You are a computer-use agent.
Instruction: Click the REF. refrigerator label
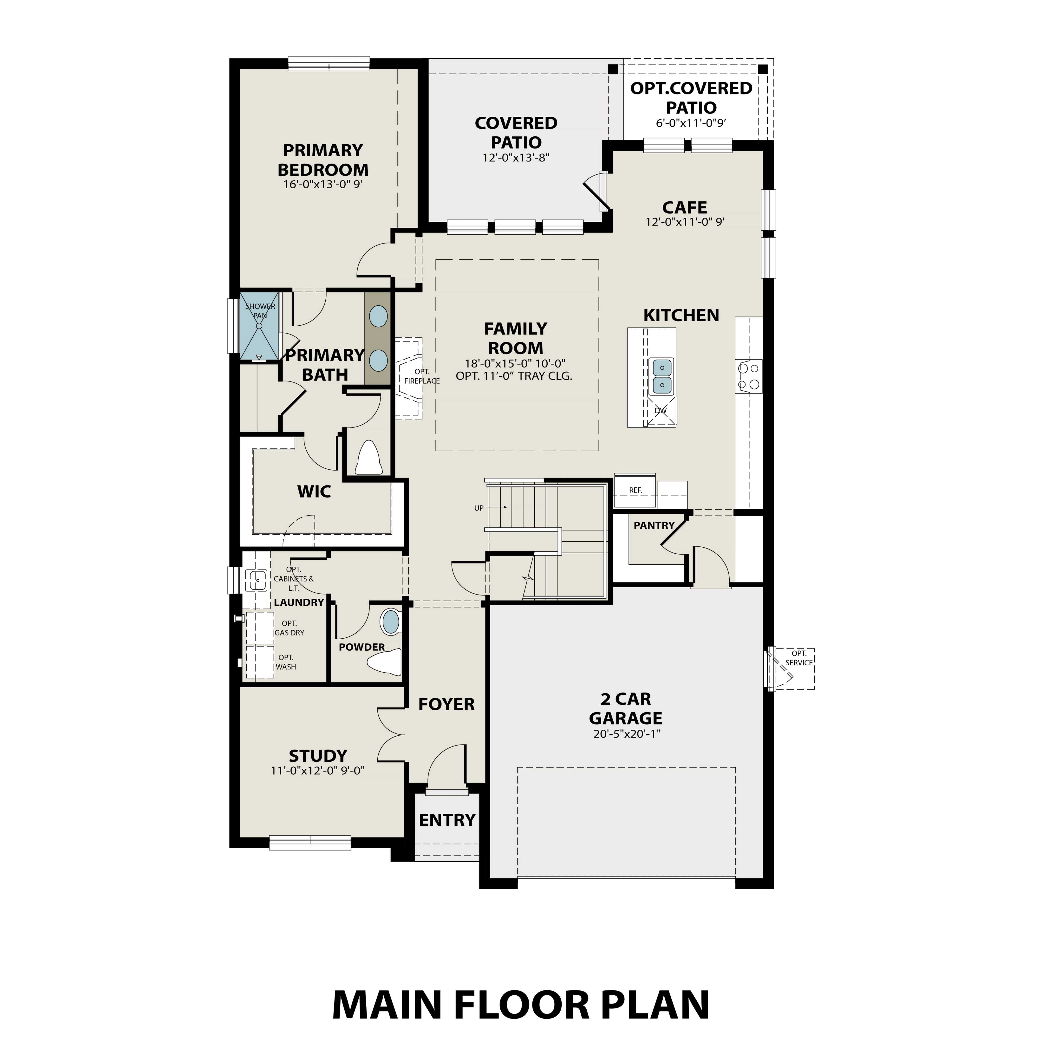click(635, 490)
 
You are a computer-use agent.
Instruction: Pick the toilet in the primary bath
click(369, 457)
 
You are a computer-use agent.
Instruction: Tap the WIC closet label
click(314, 491)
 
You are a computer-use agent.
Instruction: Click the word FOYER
click(447, 704)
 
